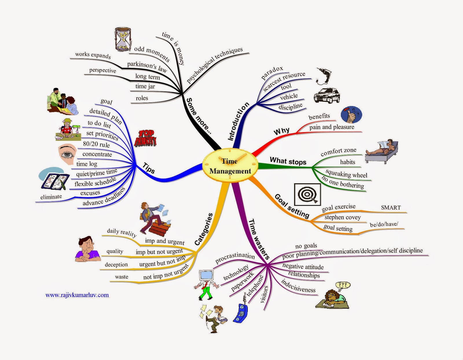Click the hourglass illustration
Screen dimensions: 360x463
123,39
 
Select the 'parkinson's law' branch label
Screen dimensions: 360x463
147,67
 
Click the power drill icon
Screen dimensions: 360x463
324,76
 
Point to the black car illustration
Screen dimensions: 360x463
327,95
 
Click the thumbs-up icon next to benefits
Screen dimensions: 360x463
351,115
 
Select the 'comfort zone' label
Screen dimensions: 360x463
338,151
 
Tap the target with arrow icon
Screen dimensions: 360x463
307,194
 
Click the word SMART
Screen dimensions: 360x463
391,207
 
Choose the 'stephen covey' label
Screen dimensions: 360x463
342,217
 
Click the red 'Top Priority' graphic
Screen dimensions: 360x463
146,138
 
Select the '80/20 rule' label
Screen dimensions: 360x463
96,144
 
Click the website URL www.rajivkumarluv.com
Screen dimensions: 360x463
77,295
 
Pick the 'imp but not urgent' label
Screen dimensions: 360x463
159,252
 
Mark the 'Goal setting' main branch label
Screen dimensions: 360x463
292,206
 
